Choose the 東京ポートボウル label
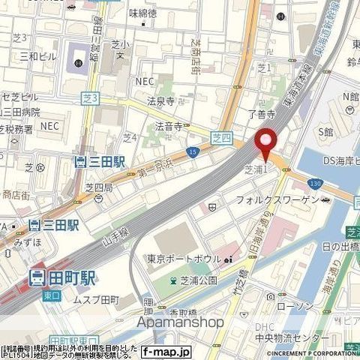point(183,259)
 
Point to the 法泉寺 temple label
point(160,100)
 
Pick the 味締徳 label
point(142,13)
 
